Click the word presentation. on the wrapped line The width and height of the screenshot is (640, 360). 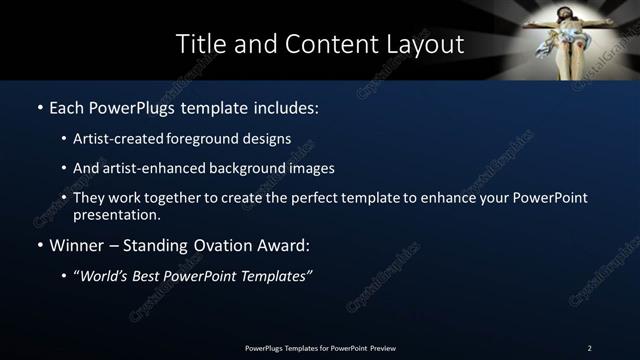pyautogui.click(x=117, y=214)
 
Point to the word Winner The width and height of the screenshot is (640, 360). pyautogui.click(x=79, y=245)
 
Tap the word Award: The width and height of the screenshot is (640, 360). pyautogui.click(x=284, y=245)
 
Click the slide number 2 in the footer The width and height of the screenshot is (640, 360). pyautogui.click(x=589, y=347)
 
